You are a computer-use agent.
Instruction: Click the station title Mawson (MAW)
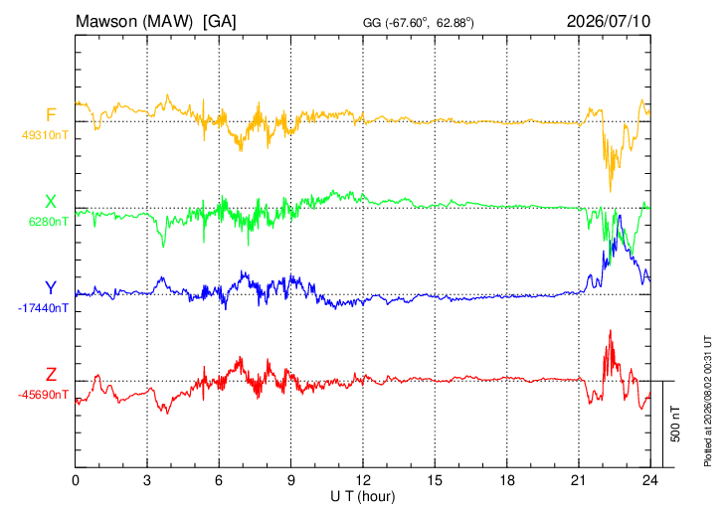click(x=134, y=22)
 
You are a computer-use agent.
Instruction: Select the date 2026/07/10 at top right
click(x=609, y=21)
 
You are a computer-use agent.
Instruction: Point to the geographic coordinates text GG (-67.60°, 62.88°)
click(x=418, y=23)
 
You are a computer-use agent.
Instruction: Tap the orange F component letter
click(x=51, y=114)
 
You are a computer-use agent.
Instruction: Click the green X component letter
click(x=51, y=202)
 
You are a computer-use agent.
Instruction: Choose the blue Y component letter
click(x=51, y=288)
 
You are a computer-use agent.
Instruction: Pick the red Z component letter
click(x=51, y=374)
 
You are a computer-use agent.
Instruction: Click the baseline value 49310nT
click(x=45, y=135)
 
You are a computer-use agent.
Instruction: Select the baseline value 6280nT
click(x=48, y=222)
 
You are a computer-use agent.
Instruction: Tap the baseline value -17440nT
click(x=43, y=308)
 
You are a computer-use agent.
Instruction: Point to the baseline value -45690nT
click(x=43, y=395)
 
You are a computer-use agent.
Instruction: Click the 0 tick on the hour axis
click(x=75, y=480)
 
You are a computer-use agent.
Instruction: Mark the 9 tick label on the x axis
click(x=290, y=480)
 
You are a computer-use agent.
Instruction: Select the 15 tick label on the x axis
click(x=435, y=480)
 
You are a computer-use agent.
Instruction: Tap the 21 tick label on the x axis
click(x=578, y=480)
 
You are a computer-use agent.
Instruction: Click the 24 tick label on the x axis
click(x=650, y=480)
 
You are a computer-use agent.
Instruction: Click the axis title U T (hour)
click(x=363, y=497)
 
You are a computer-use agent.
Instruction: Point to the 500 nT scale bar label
click(x=675, y=424)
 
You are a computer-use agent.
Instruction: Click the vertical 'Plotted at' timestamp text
click(x=707, y=401)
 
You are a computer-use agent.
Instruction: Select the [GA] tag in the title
click(x=219, y=22)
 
